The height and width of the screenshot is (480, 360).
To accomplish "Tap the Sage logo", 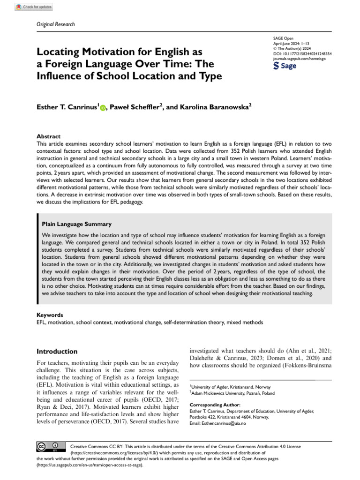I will click(285, 66).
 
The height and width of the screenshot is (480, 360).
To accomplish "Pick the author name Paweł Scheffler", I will click(135, 107).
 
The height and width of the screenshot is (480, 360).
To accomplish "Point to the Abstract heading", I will click(48, 136).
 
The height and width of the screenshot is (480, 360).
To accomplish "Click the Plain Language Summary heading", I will click(77, 225).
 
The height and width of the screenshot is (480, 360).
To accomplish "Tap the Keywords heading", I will click(50, 315).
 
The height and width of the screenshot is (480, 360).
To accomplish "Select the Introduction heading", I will click(57, 351).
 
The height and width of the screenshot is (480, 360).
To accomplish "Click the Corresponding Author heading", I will click(215, 405).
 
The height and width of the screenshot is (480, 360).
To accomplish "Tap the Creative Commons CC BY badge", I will click(48, 446).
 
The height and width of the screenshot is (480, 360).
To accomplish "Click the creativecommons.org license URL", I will click(112, 454).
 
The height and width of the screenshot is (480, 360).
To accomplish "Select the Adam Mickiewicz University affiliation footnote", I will click(233, 393).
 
